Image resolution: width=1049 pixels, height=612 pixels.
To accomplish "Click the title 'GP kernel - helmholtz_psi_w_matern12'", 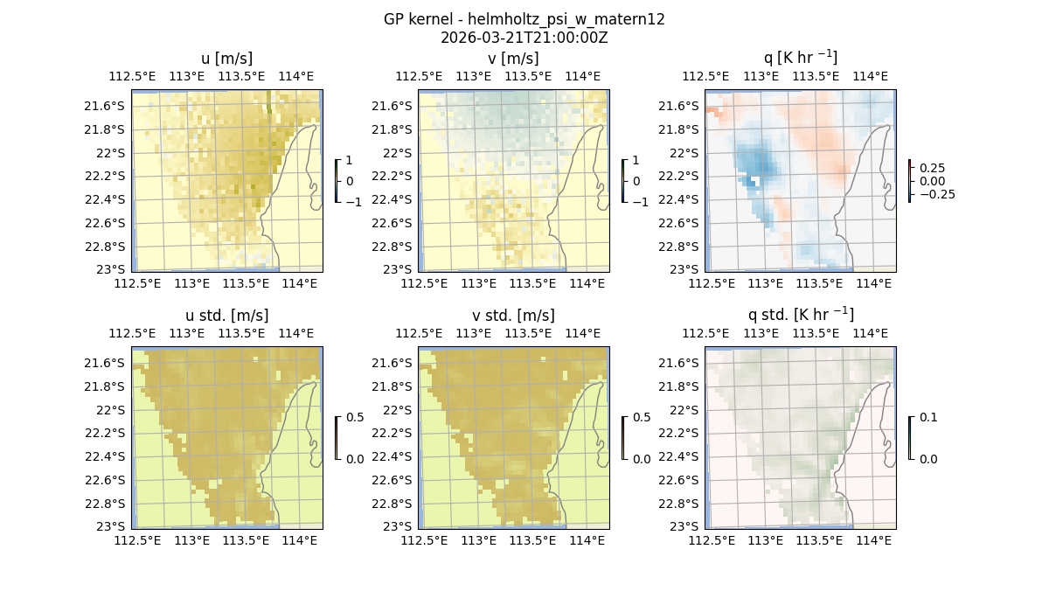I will [x=524, y=19].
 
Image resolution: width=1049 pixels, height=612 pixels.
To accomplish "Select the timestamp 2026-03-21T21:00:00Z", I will [x=524, y=38].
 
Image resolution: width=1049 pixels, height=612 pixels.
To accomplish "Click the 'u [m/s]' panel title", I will [x=226, y=59].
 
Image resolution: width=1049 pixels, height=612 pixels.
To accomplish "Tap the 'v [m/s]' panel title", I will [x=513, y=59].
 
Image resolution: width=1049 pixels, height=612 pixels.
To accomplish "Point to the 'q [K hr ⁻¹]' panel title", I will [x=800, y=58].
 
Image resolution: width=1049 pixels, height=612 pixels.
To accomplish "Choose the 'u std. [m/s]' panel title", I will [x=226, y=316].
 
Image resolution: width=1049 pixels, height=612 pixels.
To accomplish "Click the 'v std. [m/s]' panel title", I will [x=513, y=316].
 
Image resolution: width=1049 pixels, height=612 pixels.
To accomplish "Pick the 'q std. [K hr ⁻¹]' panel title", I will [x=800, y=315].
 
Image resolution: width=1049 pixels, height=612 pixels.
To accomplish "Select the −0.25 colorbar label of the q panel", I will [x=936, y=194].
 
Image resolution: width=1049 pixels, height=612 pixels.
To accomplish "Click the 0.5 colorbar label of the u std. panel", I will [x=355, y=417].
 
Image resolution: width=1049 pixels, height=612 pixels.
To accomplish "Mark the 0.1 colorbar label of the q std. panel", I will [x=928, y=417].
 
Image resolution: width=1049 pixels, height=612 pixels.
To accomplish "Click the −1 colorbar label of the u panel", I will [x=354, y=201].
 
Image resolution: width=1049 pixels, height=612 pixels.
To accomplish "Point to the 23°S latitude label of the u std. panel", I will [x=110, y=526].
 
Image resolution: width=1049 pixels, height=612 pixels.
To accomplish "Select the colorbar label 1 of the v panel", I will [x=636, y=160].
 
